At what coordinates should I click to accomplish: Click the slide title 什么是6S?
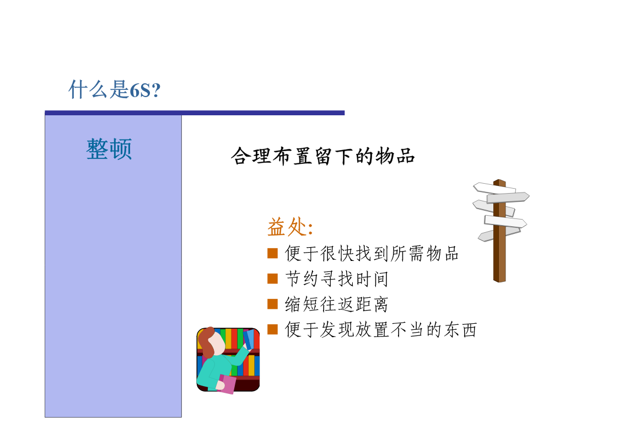[x=115, y=89]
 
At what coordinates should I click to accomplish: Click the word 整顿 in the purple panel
[x=109, y=149]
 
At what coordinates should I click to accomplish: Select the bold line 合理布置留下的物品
[x=323, y=156]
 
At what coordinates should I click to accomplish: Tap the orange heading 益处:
[x=290, y=227]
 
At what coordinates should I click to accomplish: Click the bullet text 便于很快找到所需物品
[x=372, y=253]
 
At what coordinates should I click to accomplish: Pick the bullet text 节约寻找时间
[x=337, y=279]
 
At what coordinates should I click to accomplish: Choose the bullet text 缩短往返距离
[x=337, y=304]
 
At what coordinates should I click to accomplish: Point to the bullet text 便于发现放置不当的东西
[x=381, y=329]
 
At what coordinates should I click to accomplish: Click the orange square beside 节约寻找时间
[x=272, y=279]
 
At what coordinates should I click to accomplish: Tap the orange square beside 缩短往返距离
[x=272, y=304]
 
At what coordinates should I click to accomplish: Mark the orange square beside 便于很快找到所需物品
[x=272, y=253]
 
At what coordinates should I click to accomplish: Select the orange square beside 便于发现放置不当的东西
[x=272, y=329]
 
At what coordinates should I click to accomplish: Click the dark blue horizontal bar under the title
[x=195, y=113]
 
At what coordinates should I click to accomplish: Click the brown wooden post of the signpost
[x=499, y=253]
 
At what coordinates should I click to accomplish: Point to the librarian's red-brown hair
[x=206, y=340]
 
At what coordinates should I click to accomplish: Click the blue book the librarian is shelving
[x=249, y=339]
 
